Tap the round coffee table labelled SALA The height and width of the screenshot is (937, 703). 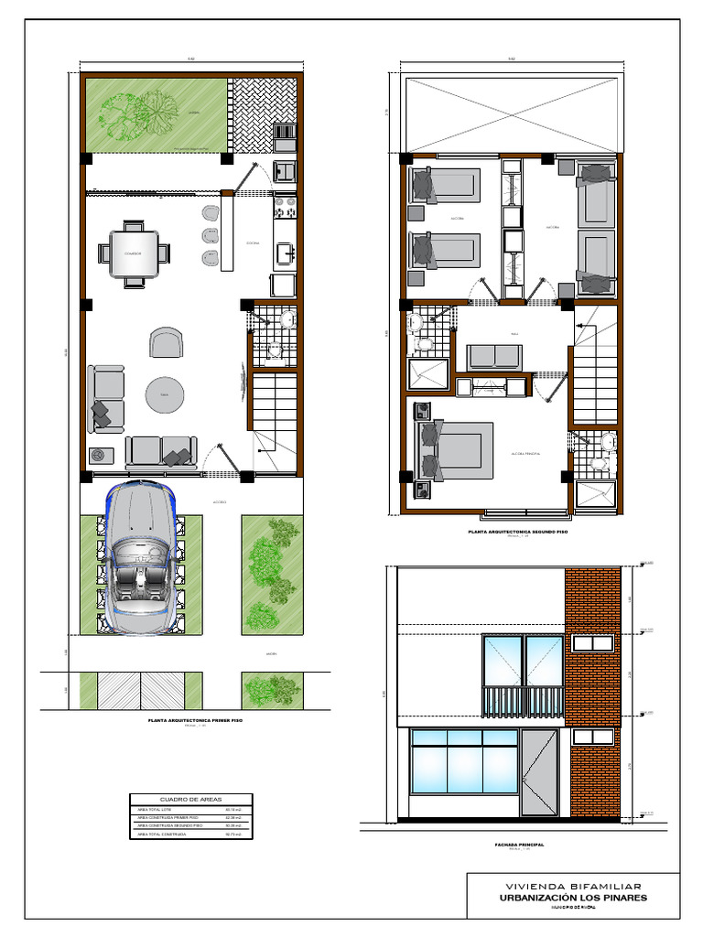tap(165, 394)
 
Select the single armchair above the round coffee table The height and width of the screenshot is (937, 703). tap(165, 343)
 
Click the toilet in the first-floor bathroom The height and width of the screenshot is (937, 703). tap(287, 320)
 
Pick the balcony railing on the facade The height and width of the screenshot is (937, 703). tap(524, 701)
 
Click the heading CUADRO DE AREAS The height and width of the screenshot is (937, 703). tap(190, 799)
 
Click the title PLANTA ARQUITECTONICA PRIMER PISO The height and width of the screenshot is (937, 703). tap(195, 721)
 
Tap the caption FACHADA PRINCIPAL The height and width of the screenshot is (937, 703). tap(518, 845)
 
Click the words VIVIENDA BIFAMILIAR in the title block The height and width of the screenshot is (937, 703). tap(574, 886)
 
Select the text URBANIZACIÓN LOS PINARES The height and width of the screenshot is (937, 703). tap(574, 898)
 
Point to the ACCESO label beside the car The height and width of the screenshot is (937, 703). tap(220, 502)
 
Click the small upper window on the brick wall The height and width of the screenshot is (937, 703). tap(592, 643)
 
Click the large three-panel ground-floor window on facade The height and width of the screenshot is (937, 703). tap(463, 761)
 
